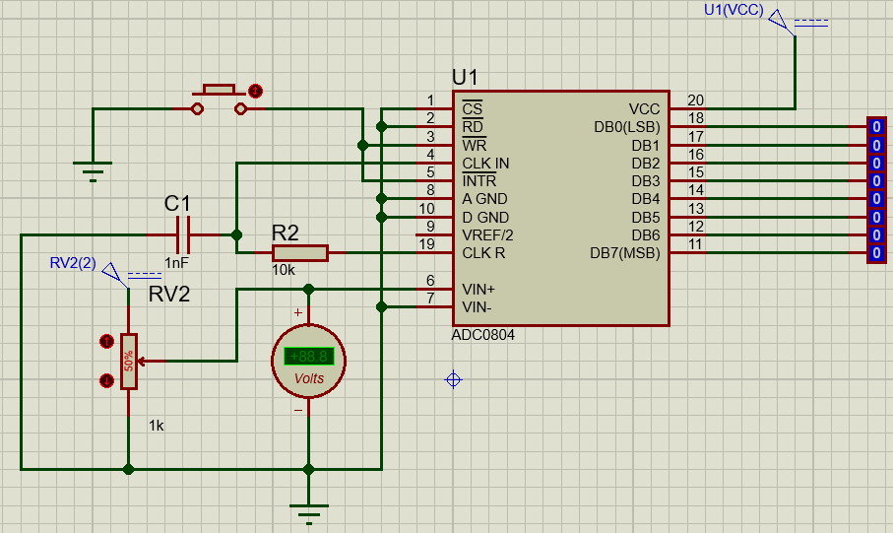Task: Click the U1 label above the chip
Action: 465,77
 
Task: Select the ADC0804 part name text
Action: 483,335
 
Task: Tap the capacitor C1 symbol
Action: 182,234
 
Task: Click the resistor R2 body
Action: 299,253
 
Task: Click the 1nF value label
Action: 177,263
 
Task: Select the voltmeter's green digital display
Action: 308,357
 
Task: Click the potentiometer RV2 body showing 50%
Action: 128,362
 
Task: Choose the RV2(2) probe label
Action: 73,263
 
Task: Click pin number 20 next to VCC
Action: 695,100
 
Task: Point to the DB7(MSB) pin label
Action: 624,253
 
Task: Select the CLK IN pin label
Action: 485,163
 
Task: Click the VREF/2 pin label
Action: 487,235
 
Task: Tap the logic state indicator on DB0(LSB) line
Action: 875,127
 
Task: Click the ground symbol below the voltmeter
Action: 308,511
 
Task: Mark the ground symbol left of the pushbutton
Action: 93,173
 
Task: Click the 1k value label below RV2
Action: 157,426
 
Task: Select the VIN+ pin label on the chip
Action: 479,290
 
